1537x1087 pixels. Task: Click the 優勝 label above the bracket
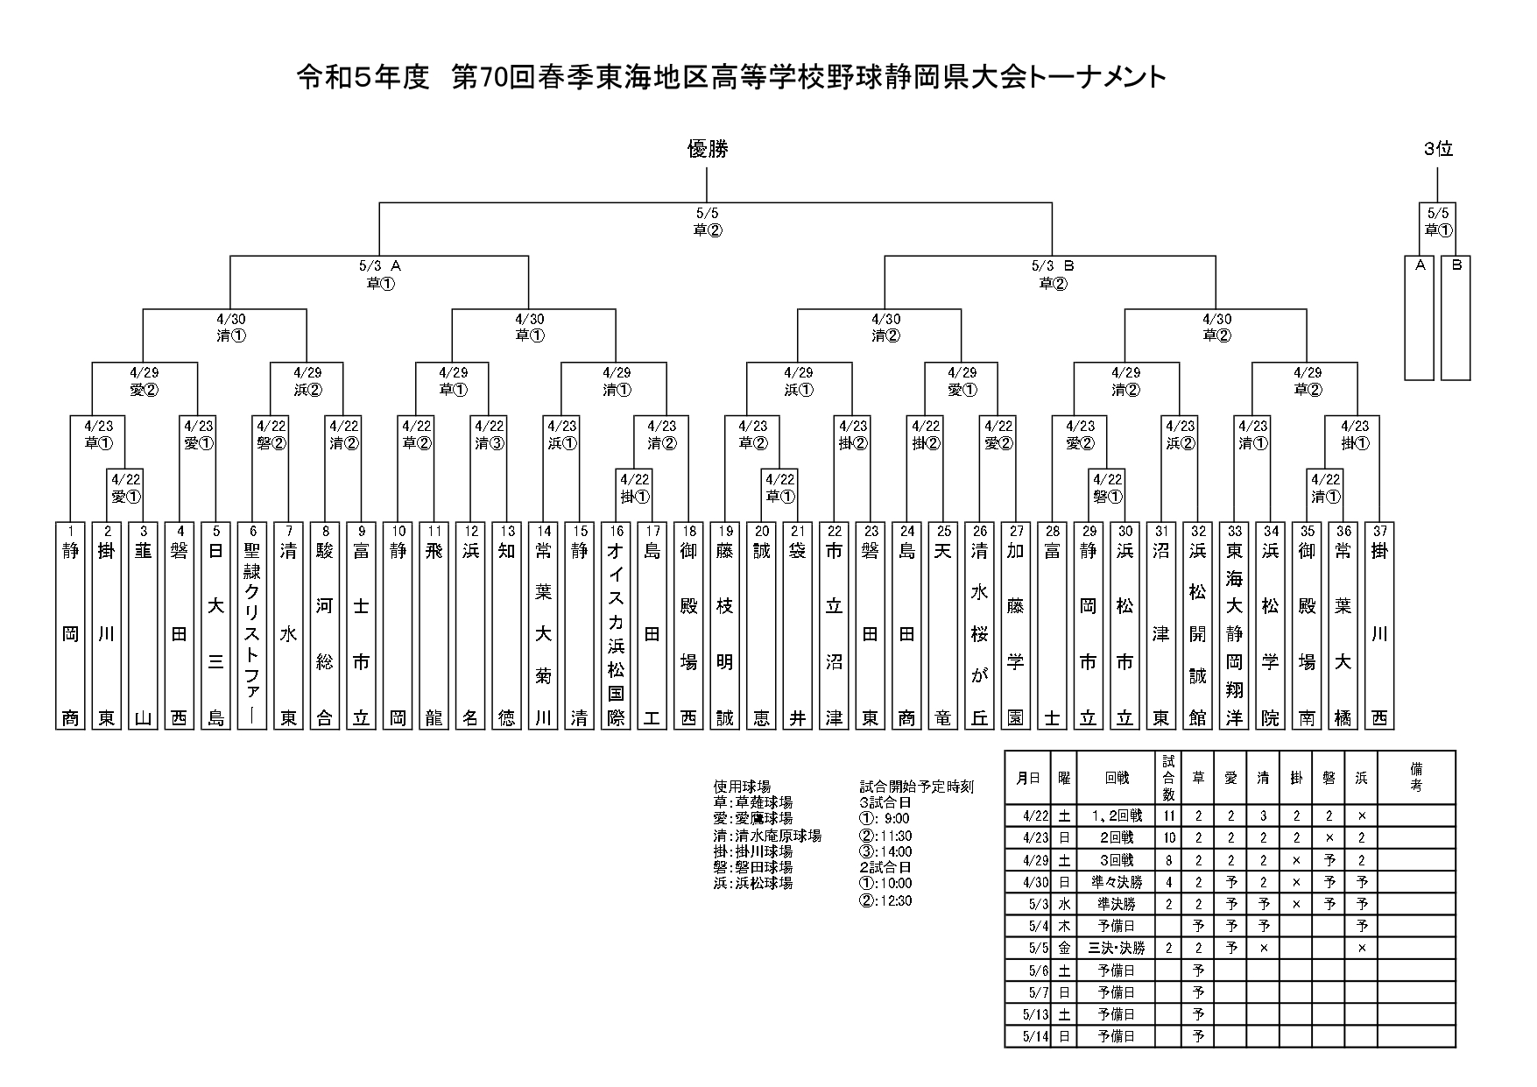707,150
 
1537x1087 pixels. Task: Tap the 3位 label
1438,150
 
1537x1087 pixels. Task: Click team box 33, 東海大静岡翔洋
1235,625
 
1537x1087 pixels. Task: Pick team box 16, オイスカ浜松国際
616,625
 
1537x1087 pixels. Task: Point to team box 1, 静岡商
70,625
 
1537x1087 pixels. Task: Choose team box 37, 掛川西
1378,625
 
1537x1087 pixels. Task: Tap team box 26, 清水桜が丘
979,625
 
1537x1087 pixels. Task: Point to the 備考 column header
1416,777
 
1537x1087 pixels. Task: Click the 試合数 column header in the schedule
1168,777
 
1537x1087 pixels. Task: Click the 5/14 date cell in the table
1028,1036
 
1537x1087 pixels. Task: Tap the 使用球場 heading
742,787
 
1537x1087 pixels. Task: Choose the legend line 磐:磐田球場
753,867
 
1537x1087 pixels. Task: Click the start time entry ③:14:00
885,851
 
